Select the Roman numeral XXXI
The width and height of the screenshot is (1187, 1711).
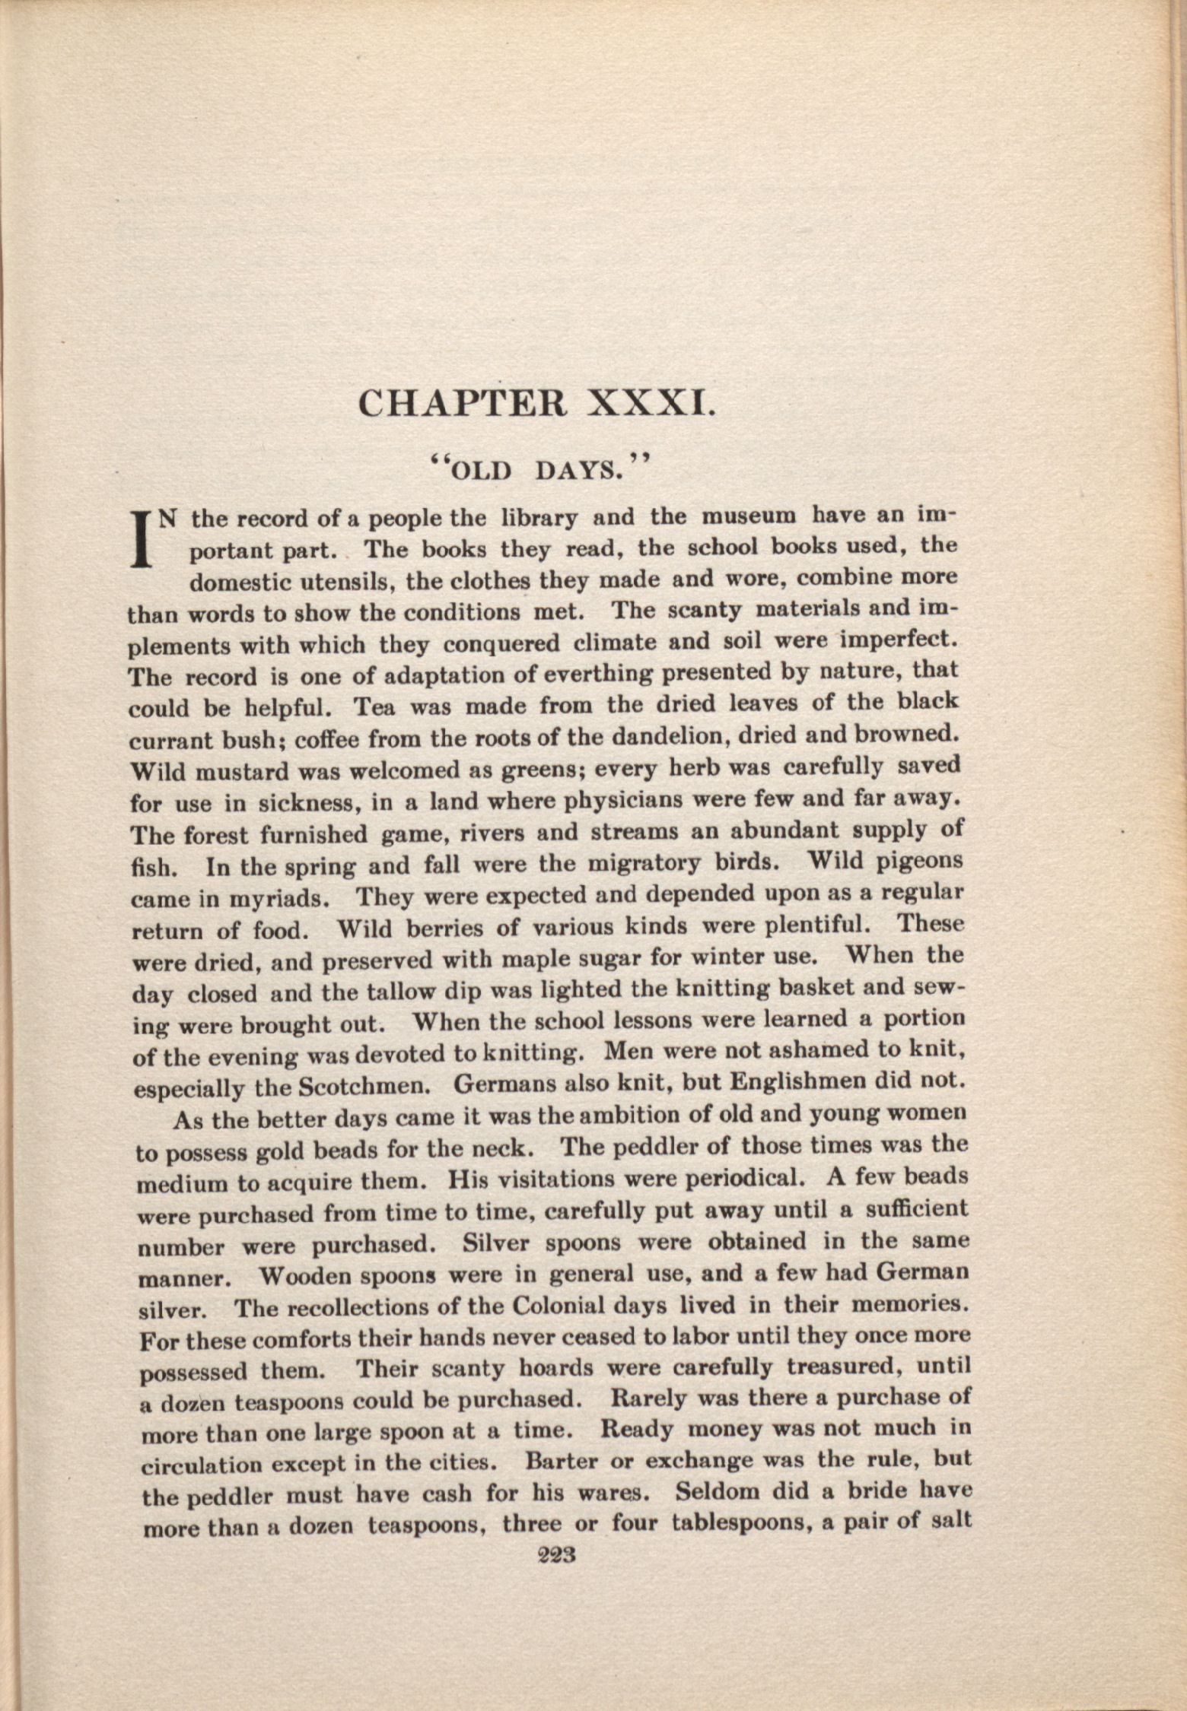tap(651, 402)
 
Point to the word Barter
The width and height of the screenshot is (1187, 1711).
tap(565, 1462)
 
